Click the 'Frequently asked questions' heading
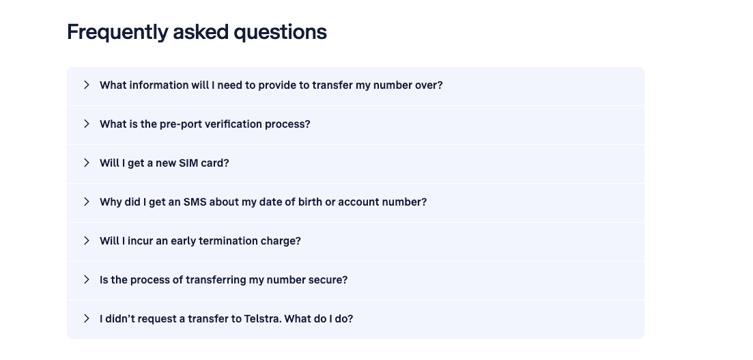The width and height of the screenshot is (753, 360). pos(197,32)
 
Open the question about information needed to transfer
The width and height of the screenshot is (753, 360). pos(271,85)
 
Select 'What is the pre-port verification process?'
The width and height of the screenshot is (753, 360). pos(205,124)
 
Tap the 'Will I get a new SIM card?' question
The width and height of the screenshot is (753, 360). pos(164,163)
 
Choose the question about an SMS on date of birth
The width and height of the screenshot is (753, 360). pos(263,202)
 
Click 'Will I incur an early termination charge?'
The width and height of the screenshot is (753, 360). pos(200,241)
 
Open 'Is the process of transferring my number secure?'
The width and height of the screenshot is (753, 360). pos(223,280)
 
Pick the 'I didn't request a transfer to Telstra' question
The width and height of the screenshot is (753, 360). pos(226,319)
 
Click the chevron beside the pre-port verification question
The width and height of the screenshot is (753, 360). pos(87,124)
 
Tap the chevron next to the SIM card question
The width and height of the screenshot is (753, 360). pos(87,163)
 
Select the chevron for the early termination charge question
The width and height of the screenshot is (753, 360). pos(87,241)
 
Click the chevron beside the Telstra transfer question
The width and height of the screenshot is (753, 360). pos(87,319)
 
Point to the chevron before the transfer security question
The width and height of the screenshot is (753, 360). pos(87,280)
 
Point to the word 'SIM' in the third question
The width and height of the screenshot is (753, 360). pos(188,163)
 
